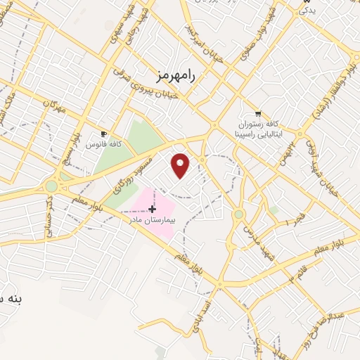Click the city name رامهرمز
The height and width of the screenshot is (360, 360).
click(174, 73)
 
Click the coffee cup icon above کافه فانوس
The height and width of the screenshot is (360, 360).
click(104, 134)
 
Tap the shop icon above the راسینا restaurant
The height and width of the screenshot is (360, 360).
click(258, 113)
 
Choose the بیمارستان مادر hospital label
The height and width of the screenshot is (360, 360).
click(151, 220)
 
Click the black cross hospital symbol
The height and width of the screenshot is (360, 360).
click(152, 209)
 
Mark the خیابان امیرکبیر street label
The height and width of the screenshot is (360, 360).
click(205, 43)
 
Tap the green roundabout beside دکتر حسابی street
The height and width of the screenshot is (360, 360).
click(51, 186)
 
